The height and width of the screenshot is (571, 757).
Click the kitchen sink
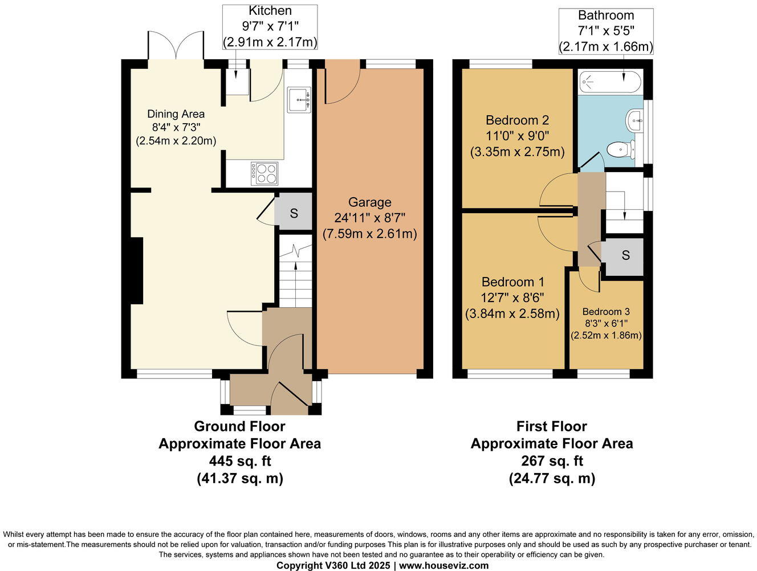click(x=299, y=100)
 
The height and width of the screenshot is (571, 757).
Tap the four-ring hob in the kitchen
click(x=264, y=173)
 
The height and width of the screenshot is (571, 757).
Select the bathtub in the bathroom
click(x=610, y=83)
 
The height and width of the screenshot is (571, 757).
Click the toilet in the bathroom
click(x=618, y=150)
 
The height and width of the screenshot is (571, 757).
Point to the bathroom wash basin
click(x=634, y=121)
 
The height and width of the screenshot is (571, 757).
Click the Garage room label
click(x=370, y=202)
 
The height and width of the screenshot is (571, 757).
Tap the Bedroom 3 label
click(x=606, y=312)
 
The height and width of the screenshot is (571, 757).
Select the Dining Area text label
click(x=176, y=114)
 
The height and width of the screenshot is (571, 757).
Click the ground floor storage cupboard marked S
click(x=294, y=213)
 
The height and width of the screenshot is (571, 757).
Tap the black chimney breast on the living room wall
click(x=136, y=271)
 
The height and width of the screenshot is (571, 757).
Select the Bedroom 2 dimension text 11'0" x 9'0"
click(x=517, y=136)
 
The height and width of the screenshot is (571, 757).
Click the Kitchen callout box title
click(x=270, y=11)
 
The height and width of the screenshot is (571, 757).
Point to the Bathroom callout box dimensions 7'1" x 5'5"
click(x=606, y=31)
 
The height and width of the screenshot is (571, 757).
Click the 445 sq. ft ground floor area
click(x=239, y=461)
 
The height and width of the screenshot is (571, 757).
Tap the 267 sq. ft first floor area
click(x=552, y=461)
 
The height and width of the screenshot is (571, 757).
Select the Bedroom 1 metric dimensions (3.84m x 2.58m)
click(x=512, y=313)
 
